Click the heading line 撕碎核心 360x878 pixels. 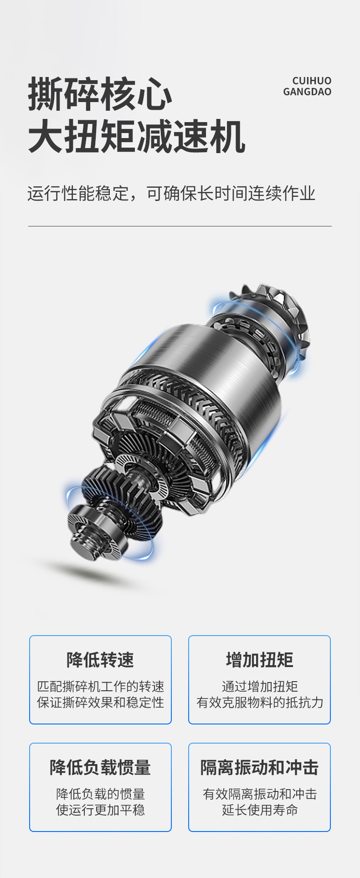pos(100,94)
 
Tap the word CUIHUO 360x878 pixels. pos(312,81)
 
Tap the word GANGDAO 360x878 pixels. pos(307,92)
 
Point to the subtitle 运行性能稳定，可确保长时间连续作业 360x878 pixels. pos(171,194)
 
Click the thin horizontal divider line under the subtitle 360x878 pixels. pos(180,226)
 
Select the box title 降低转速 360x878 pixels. pos(100,660)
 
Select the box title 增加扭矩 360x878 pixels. pos(260,660)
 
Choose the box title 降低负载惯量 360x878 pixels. pos(100,767)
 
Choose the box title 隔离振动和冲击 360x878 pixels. pos(260,767)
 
